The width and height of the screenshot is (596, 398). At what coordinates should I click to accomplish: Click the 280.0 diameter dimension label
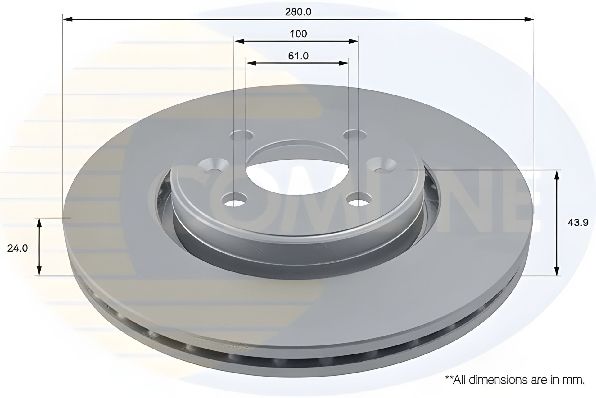pos(298,12)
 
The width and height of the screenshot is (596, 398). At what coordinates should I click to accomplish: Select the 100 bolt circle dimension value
pos(298,34)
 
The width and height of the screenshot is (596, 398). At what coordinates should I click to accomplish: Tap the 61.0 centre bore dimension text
pos(298,56)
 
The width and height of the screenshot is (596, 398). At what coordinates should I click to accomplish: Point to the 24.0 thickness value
pos(18,248)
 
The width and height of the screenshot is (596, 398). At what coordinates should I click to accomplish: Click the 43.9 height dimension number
pos(578,223)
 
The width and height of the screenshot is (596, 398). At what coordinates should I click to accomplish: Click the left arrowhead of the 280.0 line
pos(68,20)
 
